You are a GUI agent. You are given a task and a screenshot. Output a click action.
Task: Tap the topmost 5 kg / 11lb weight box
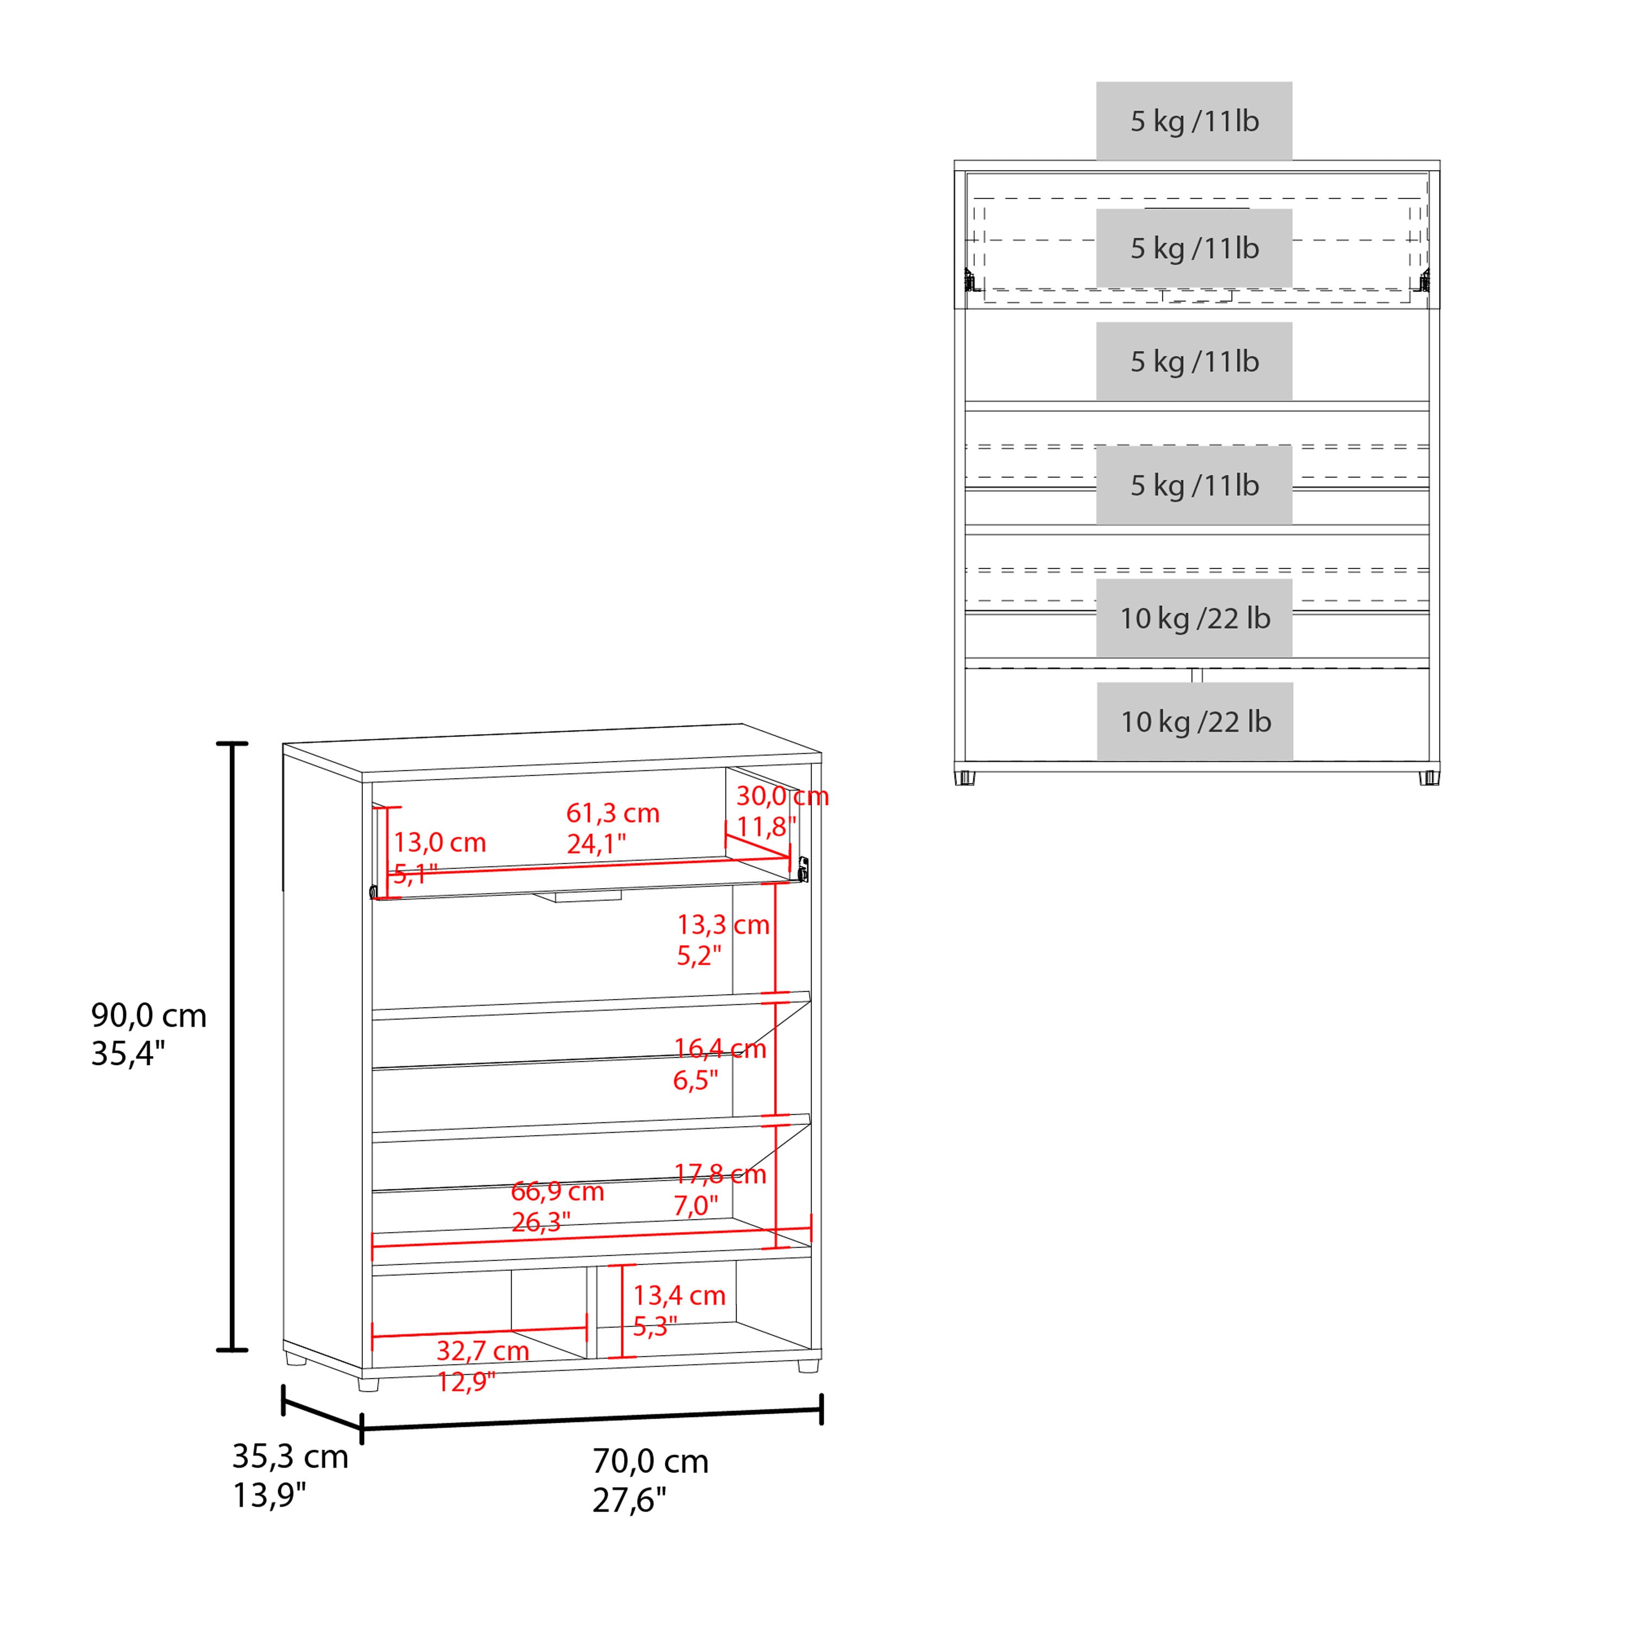coord(1194,121)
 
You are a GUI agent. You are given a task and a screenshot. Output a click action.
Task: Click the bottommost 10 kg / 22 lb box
coord(1195,722)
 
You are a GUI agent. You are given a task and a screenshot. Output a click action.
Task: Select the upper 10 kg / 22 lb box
coord(1194,618)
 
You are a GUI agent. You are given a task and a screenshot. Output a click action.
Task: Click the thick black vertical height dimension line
coord(232,1046)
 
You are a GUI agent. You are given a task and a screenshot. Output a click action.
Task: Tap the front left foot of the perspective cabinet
coord(369,1384)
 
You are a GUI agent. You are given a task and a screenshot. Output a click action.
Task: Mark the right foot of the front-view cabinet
coord(1429,777)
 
